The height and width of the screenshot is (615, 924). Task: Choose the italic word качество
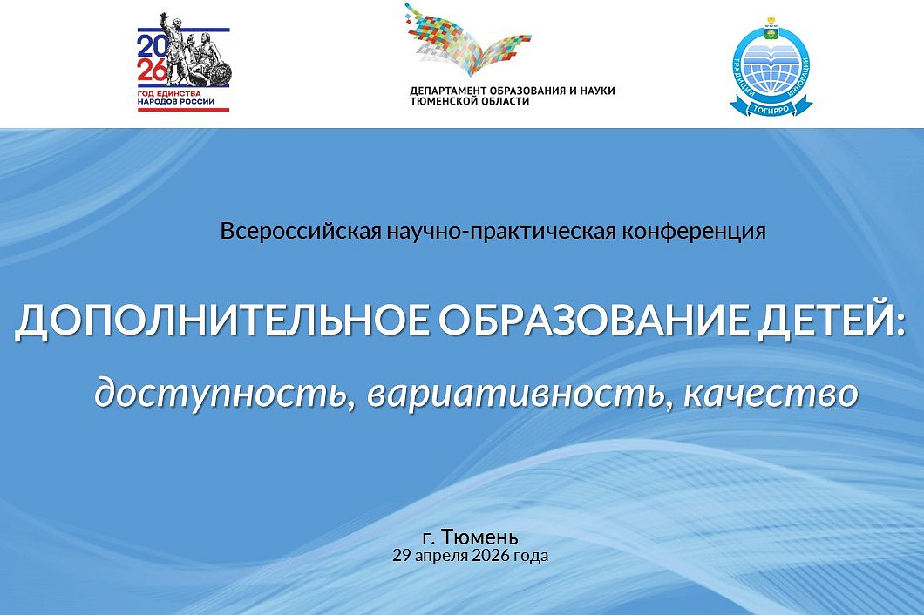[x=771, y=393]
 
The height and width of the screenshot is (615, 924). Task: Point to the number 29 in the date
[x=401, y=555]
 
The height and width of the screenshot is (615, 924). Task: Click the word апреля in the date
[x=442, y=555]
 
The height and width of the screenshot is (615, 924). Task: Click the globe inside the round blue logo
[x=771, y=66]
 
